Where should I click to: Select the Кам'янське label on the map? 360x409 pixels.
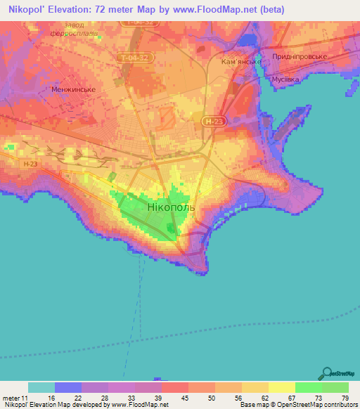[241, 62]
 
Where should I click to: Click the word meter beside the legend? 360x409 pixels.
[10, 398]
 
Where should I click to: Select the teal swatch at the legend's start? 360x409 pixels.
[41, 387]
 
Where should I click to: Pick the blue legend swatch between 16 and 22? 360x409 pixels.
[68, 387]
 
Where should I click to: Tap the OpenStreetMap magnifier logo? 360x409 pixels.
[326, 373]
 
